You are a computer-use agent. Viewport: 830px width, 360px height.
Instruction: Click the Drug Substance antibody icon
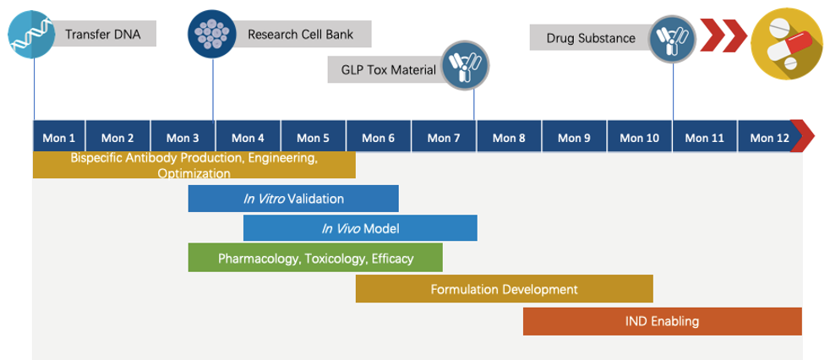(673, 39)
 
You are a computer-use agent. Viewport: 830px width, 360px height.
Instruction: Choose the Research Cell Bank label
(300, 35)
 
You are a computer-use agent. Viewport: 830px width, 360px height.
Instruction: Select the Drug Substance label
(590, 38)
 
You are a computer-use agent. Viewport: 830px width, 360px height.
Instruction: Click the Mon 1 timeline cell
(59, 138)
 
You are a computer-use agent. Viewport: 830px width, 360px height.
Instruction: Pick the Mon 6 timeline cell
(379, 138)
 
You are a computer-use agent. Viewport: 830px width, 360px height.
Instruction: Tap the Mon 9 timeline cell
(575, 138)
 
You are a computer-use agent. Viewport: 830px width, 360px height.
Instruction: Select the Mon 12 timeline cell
(769, 138)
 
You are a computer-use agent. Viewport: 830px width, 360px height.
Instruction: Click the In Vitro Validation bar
(293, 199)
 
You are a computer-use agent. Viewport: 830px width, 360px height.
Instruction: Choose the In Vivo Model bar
(360, 228)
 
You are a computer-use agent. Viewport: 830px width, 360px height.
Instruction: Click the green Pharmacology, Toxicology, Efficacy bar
(315, 258)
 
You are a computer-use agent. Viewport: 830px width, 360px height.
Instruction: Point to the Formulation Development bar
(504, 289)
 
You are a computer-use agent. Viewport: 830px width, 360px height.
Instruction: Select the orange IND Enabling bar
(662, 321)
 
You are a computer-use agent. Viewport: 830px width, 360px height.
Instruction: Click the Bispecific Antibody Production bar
(194, 165)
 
